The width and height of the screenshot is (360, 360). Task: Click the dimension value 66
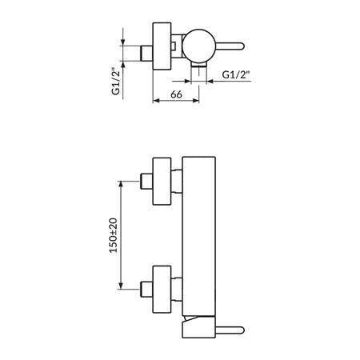tap(176, 94)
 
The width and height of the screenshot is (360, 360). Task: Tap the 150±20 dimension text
tap(114, 235)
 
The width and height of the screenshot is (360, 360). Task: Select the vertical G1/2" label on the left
tap(115, 82)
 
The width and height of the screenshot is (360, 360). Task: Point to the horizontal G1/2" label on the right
tap(236, 74)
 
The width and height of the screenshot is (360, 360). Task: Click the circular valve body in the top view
tap(199, 46)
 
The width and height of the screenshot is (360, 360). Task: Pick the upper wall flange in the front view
tap(162, 182)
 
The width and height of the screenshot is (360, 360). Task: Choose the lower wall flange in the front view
tap(162, 290)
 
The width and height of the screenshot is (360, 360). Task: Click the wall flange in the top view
tap(162, 46)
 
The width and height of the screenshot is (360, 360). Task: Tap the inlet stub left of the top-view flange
tap(146, 54)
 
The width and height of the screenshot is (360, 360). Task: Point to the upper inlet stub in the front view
tap(146, 182)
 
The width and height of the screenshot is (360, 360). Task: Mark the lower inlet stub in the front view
tap(146, 289)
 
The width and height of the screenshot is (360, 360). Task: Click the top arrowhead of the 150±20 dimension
tap(121, 184)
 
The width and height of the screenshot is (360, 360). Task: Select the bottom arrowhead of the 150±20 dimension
tap(121, 286)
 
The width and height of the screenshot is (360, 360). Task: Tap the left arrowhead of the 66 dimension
tap(156, 101)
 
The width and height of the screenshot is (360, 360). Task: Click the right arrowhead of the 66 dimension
tap(196, 101)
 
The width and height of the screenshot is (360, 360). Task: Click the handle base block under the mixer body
tap(198, 327)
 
